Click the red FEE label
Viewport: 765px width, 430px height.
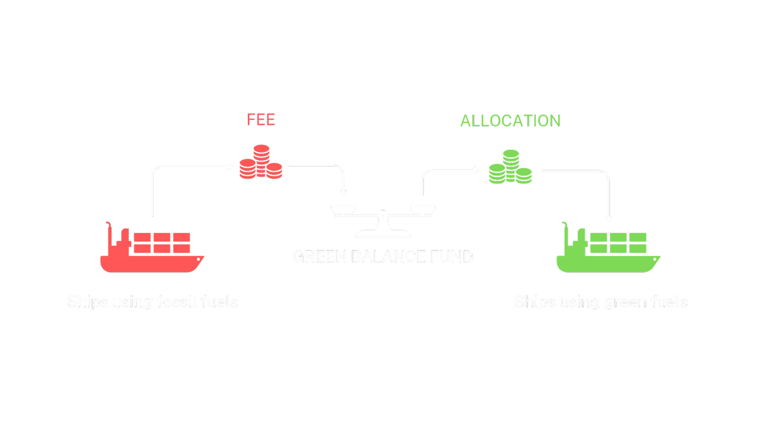point(261,120)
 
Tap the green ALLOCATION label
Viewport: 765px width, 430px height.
point(510,121)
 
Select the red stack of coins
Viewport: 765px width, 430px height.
point(261,162)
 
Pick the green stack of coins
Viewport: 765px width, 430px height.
point(510,167)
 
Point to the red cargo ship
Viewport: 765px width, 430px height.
point(152,249)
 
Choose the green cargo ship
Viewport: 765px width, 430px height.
point(608,249)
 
